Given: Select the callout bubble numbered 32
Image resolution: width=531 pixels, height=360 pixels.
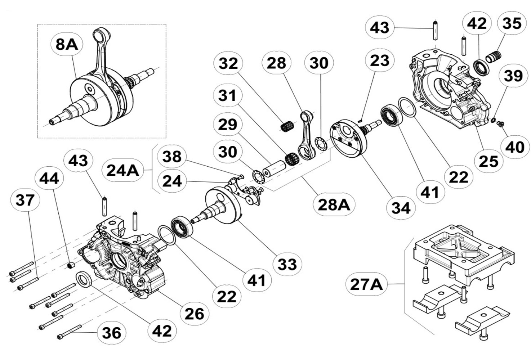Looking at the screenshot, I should pos(228,63).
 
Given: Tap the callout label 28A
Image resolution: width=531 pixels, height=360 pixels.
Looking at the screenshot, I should pos(334,204).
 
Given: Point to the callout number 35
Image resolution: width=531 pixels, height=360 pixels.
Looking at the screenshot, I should pos(512,23).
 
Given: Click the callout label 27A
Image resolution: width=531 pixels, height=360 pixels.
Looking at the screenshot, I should pos(366,284).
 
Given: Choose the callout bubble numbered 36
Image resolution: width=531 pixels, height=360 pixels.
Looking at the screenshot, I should pos(112,333).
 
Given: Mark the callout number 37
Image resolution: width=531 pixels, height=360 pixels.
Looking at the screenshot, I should pos(25,200).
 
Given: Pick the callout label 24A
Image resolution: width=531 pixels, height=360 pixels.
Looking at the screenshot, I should pos(123,170).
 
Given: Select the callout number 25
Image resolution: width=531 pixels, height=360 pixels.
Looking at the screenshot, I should pos(488,161).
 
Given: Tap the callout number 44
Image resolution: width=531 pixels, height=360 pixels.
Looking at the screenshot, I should pos(49,178).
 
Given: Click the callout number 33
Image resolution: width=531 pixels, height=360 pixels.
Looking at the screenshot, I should pos(287,264).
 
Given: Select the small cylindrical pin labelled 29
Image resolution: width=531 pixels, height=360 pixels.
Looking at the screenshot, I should pos(274,168).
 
